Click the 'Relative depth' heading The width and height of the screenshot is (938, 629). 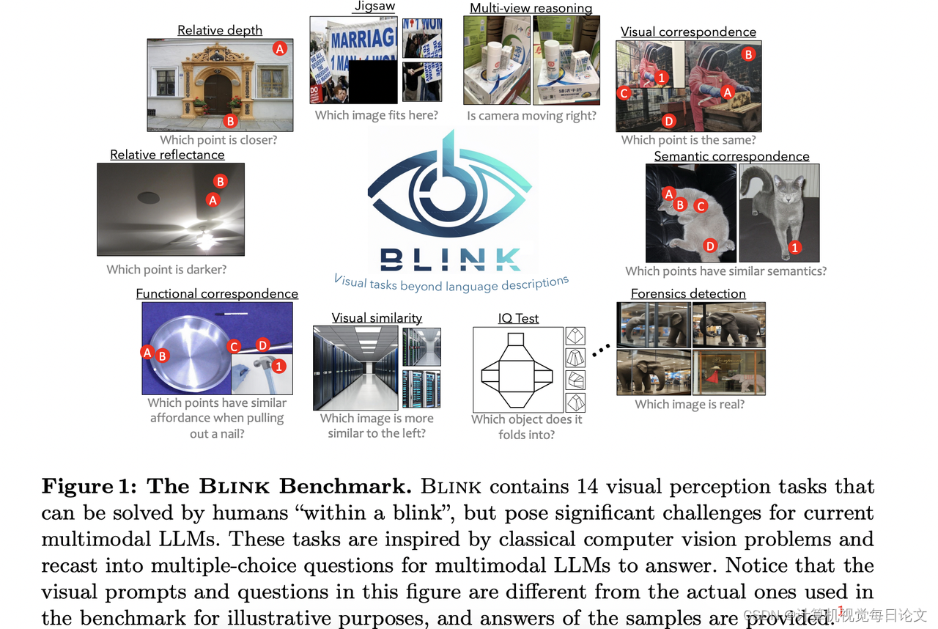click(220, 30)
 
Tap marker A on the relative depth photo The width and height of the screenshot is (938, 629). click(279, 48)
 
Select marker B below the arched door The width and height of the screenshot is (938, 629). click(230, 121)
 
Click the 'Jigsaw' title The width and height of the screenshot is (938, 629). click(374, 7)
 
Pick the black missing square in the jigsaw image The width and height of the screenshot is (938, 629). click(373, 80)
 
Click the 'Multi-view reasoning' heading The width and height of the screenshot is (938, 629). click(531, 8)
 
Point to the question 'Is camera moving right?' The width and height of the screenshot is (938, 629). click(531, 116)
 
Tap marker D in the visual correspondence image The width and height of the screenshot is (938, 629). click(668, 121)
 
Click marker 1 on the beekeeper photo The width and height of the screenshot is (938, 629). click(661, 77)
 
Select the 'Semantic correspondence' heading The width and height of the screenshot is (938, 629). click(731, 155)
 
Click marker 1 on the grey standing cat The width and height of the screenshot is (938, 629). click(795, 248)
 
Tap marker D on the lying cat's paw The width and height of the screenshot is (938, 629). click(709, 246)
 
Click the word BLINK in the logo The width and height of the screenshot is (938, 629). click(451, 258)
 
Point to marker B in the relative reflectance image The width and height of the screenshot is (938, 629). click(219, 181)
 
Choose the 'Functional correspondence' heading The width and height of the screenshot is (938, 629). click(217, 293)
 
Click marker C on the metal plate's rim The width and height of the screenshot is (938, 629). click(234, 346)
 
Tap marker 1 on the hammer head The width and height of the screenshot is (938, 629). click(279, 365)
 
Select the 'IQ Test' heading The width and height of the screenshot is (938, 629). click(518, 318)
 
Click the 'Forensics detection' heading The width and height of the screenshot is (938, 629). click(688, 293)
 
